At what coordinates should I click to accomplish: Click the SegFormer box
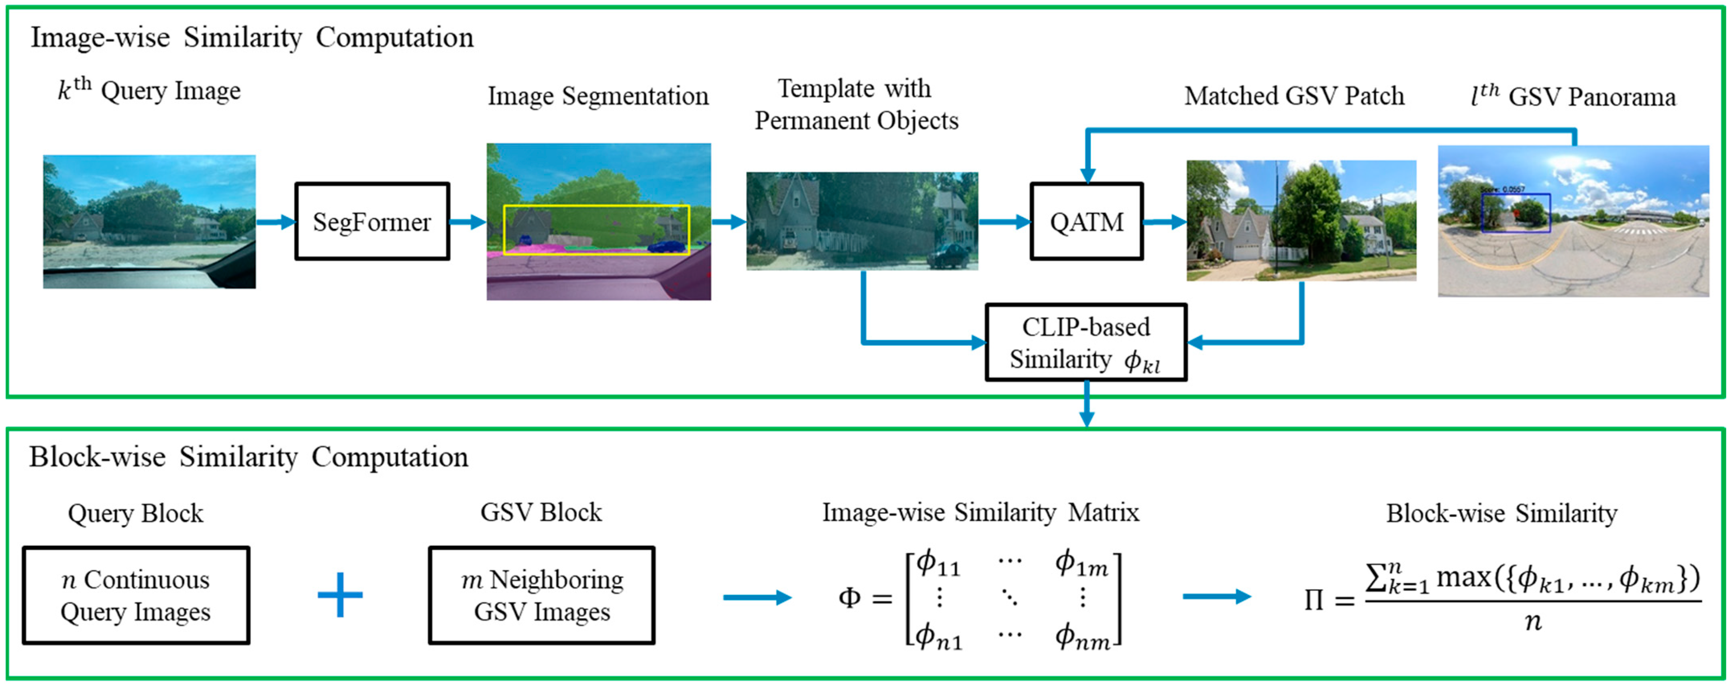click(372, 221)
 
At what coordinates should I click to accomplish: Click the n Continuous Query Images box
click(136, 595)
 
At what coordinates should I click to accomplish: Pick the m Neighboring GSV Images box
click(541, 595)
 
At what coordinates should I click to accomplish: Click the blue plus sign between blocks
click(340, 594)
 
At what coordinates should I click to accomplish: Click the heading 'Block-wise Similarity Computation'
click(248, 457)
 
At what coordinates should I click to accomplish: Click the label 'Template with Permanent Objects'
click(855, 104)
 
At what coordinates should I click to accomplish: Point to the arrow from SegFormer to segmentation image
click(468, 221)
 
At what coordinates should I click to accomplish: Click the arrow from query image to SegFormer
click(275, 221)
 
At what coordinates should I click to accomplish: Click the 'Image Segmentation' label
click(598, 96)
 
